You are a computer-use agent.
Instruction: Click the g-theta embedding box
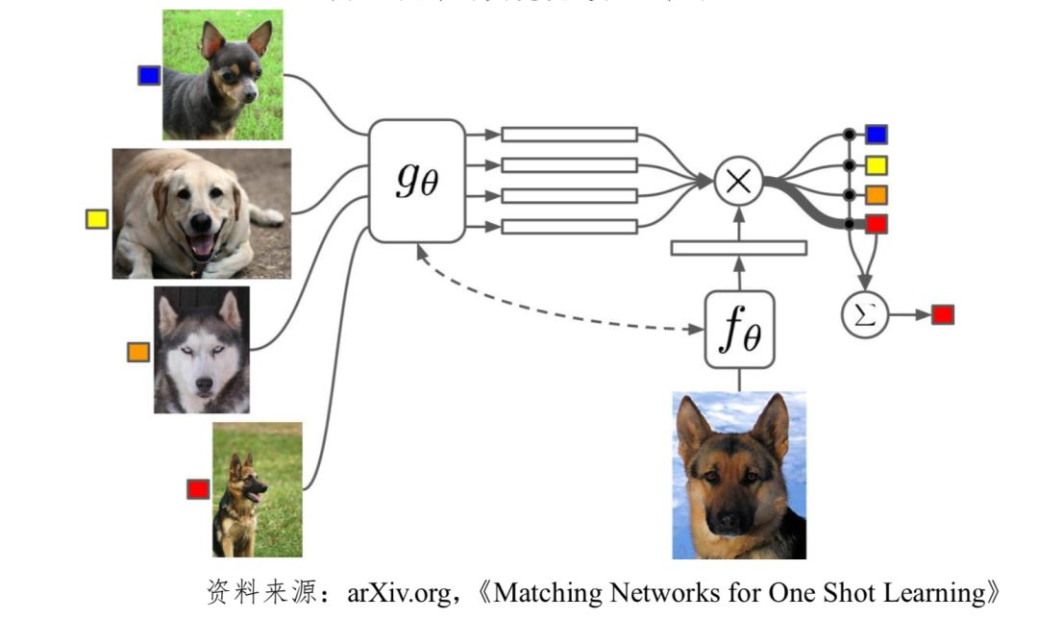click(x=417, y=181)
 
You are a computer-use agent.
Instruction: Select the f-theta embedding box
click(x=738, y=329)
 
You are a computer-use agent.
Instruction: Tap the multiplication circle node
click(x=738, y=181)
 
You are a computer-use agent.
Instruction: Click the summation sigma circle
click(x=865, y=314)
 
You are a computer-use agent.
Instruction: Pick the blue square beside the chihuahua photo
click(x=149, y=75)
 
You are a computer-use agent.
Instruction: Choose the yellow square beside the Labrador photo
click(x=97, y=218)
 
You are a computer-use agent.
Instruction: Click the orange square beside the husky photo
click(x=138, y=352)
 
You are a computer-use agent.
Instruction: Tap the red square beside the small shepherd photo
click(x=198, y=489)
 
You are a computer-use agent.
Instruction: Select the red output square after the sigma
click(x=942, y=314)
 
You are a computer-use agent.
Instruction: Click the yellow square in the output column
click(x=876, y=164)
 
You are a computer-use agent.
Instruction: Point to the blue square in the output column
click(x=876, y=135)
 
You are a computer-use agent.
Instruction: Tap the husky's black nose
click(x=203, y=384)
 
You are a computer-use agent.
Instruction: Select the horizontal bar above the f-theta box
click(x=738, y=248)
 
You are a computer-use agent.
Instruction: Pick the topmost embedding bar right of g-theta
click(x=570, y=135)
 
